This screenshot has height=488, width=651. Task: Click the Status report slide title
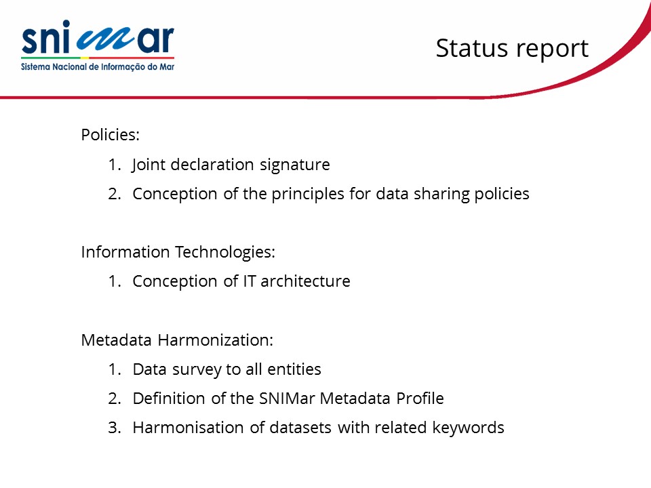pos(512,49)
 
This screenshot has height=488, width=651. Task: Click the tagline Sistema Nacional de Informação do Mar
pos(98,67)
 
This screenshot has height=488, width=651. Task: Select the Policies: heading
pos(110,134)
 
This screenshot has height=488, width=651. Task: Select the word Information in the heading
pos(125,252)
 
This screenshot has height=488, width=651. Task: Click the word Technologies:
pos(225,252)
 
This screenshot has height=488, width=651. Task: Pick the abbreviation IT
pos(249,281)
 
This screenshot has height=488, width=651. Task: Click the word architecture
pos(305,281)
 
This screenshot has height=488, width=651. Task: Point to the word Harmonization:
pos(216,340)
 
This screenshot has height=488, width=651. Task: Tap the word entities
pos(294,369)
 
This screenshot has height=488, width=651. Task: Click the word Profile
pos(420,399)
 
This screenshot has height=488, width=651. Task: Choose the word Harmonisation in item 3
pos(188,428)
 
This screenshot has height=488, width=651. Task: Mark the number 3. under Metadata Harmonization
pos(114,428)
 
